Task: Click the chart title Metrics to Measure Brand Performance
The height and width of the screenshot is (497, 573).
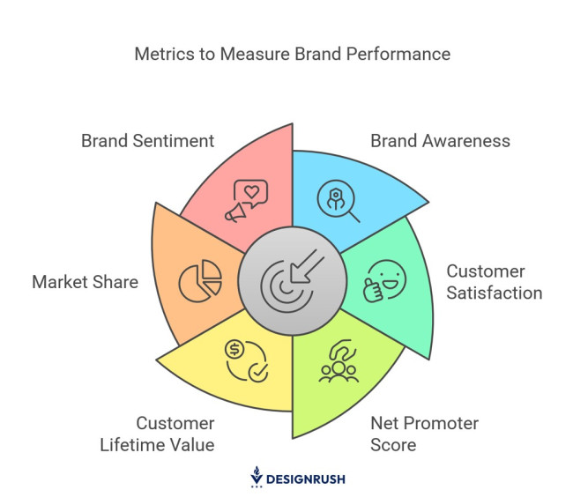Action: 292,54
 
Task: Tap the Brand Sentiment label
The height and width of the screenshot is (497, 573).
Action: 147,140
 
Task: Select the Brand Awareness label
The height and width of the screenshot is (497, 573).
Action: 440,140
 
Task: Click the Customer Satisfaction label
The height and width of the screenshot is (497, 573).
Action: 494,282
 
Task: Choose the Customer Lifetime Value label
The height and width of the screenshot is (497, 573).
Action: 175,434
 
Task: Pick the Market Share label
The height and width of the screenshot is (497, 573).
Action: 86,282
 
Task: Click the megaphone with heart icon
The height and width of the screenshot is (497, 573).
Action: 246,202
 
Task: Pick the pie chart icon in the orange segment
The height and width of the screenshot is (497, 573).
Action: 200,282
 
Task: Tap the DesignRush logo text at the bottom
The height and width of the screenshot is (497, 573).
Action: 307,478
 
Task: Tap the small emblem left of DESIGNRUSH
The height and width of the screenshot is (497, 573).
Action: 257,477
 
